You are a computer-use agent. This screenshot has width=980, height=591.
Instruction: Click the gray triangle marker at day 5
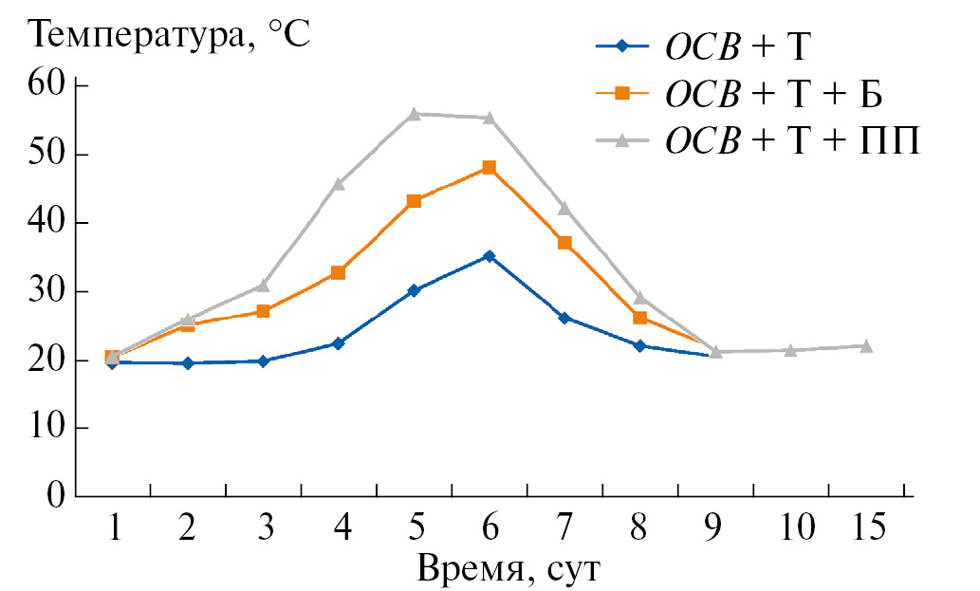(x=414, y=114)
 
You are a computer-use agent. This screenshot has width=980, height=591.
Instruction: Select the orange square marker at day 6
(x=489, y=168)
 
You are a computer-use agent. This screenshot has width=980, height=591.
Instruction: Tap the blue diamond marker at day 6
(x=489, y=256)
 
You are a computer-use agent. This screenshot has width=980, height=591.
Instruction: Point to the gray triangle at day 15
(x=866, y=346)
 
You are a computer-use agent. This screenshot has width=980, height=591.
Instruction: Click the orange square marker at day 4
(x=338, y=272)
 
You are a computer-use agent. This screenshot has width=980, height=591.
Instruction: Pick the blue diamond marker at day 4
(x=338, y=343)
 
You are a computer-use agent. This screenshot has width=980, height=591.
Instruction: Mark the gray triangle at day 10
(x=790, y=350)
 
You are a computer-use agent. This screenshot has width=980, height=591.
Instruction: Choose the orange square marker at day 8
(x=640, y=318)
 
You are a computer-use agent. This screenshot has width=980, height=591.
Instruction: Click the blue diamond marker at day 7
(x=564, y=318)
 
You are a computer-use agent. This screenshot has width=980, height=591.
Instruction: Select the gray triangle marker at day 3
(x=263, y=285)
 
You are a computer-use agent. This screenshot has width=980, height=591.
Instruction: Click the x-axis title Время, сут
(x=509, y=570)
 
